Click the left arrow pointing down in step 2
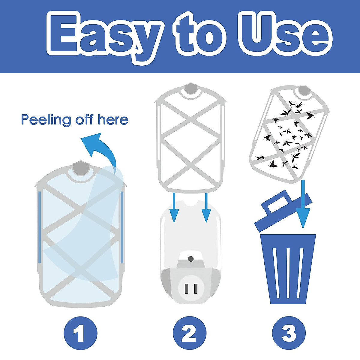[174, 210]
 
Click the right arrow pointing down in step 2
[206, 210]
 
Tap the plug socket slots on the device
[191, 289]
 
